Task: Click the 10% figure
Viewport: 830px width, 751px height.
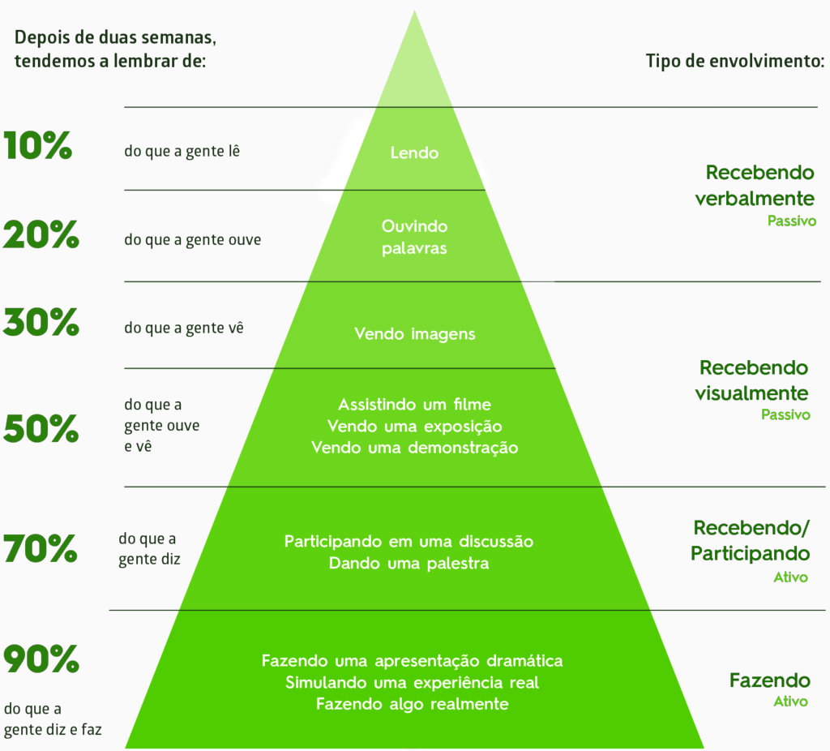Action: pos(37,145)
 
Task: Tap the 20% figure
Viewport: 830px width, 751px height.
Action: pos(41,234)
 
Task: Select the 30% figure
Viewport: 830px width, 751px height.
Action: pos(41,322)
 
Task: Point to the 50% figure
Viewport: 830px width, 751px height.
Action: pos(41,428)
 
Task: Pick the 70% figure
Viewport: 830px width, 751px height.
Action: pos(41,548)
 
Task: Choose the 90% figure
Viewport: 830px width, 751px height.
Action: pos(41,659)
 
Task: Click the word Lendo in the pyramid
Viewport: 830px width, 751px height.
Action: pos(414,153)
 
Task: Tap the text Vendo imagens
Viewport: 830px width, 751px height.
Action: pos(414,334)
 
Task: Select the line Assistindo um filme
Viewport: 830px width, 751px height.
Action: pos(414,405)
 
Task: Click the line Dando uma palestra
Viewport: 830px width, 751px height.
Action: pos(409,563)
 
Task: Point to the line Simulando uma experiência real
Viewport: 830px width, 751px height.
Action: pos(412,683)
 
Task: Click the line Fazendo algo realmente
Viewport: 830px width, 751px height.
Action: pos(412,705)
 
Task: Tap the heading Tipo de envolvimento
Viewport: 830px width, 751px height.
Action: pos(735,62)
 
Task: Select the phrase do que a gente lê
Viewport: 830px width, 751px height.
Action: pos(182,152)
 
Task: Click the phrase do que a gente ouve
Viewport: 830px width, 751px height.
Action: pos(193,240)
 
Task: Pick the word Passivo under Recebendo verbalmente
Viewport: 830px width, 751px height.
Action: pos(792,221)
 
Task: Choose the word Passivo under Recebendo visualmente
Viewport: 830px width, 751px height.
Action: pos(785,414)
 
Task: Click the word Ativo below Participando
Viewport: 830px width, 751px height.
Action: pos(791,577)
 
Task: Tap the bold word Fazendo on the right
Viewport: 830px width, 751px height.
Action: pos(770,680)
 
